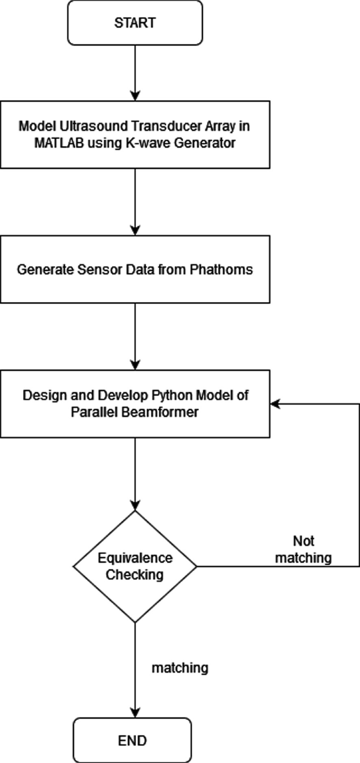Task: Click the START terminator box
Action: click(135, 23)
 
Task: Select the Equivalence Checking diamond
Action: click(135, 566)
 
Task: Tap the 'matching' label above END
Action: click(180, 668)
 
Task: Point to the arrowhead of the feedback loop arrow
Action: click(275, 404)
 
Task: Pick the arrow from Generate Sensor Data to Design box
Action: click(135, 336)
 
